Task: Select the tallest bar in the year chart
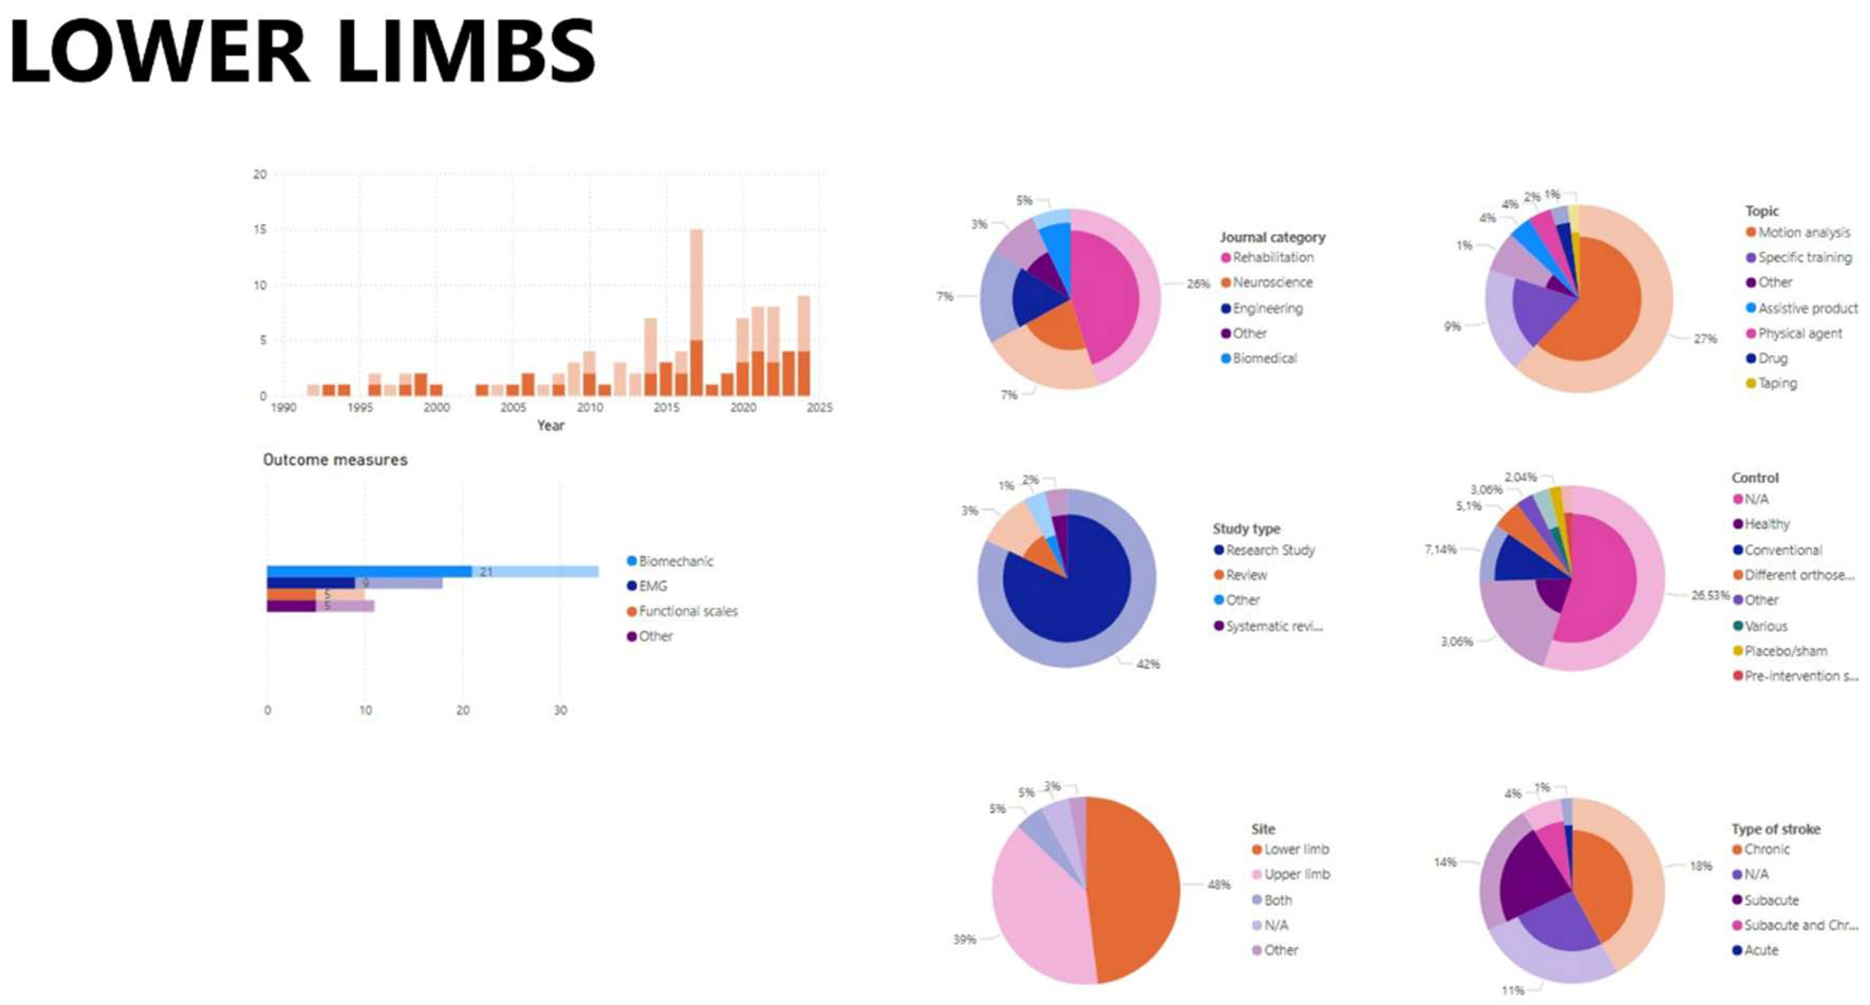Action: pos(696,312)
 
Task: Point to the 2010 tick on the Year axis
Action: pos(589,407)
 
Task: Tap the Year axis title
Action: pos(550,425)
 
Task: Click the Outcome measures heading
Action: pos(335,460)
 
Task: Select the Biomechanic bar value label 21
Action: pos(486,572)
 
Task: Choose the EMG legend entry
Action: pos(652,586)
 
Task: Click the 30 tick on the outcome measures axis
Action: pos(559,710)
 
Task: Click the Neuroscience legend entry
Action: pos(1272,283)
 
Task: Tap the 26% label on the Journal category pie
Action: pos(1198,284)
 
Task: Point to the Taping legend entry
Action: pos(1776,384)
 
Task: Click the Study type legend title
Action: pos(1246,529)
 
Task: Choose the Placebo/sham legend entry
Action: pos(1785,651)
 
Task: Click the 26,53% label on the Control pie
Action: pos(1709,595)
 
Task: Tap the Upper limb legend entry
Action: pos(1296,874)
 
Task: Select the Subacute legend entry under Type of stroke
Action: pos(1771,901)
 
